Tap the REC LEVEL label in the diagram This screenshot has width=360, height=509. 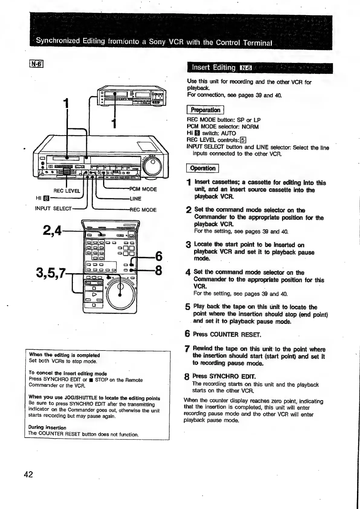[x=67, y=191]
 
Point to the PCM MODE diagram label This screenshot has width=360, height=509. [x=143, y=189]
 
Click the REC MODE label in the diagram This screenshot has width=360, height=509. [x=143, y=210]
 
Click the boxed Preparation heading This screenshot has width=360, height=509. [x=205, y=110]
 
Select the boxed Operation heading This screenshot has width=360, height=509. [x=203, y=168]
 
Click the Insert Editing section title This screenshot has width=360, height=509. [x=213, y=67]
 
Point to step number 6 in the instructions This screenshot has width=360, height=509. [x=187, y=334]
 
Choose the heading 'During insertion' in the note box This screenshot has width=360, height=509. [x=47, y=427]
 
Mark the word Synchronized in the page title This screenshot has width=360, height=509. [x=58, y=41]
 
